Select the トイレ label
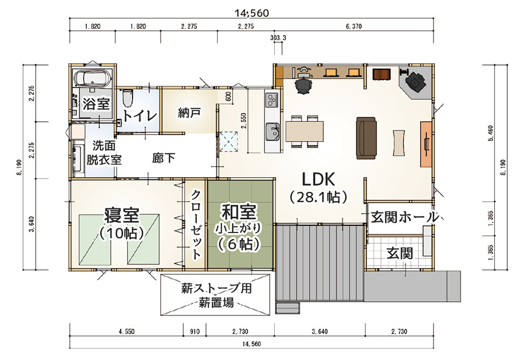140,116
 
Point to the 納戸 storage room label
189,112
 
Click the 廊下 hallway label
164,157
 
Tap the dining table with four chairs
305,131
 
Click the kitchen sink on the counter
272,132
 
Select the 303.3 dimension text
278,38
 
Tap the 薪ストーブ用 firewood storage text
216,288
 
